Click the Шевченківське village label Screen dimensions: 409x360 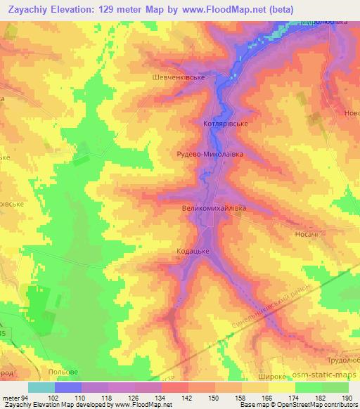(x=178, y=78)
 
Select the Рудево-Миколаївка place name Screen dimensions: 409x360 (x=205, y=151)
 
